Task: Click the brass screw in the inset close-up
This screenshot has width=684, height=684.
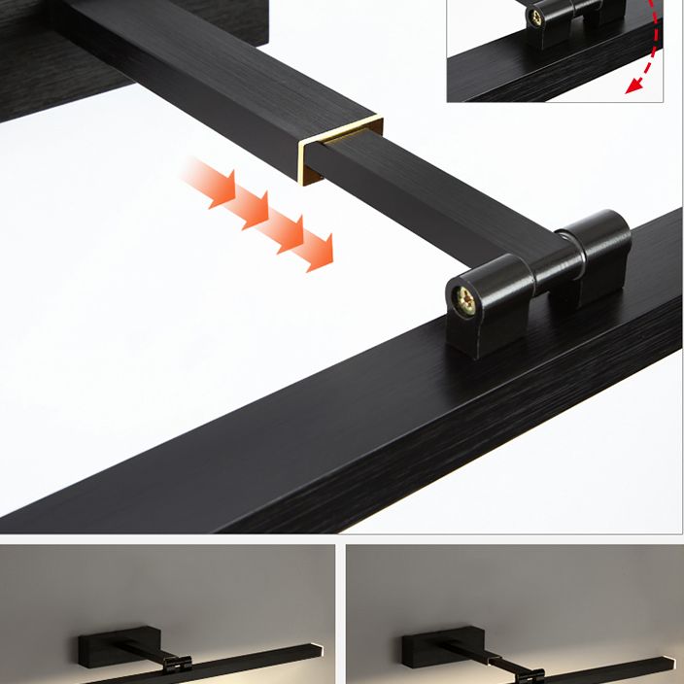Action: point(535,16)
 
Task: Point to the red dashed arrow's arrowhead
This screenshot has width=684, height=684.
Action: point(634,86)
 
